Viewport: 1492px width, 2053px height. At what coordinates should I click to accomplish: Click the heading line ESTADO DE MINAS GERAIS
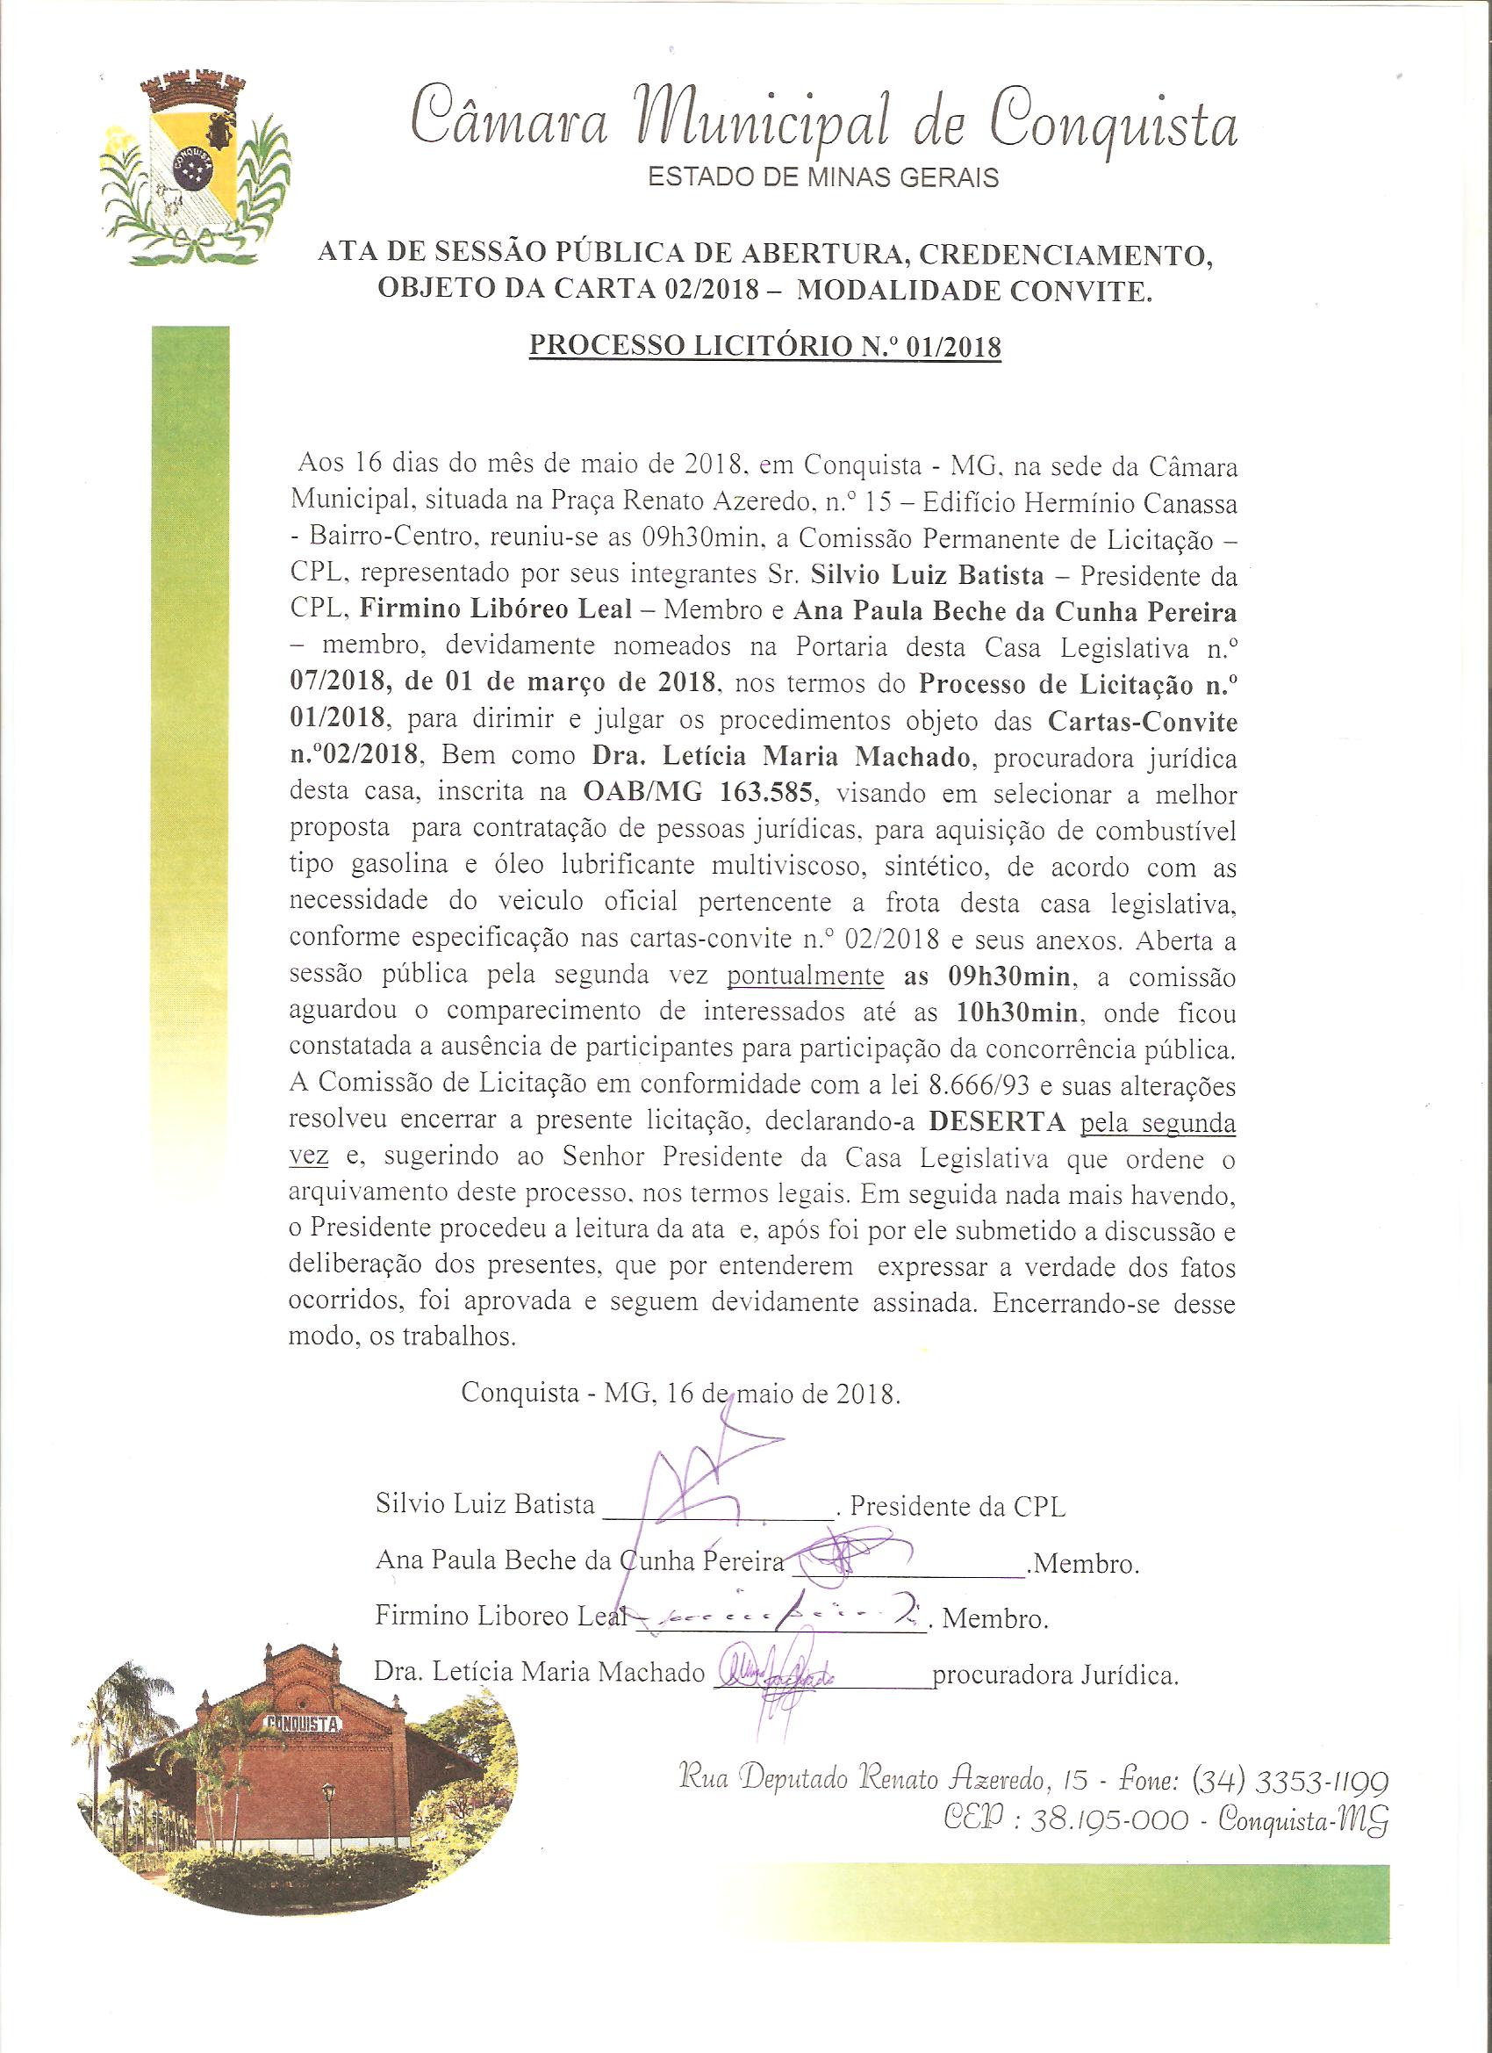(822, 177)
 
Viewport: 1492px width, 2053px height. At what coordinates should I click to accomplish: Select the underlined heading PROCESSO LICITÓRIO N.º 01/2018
(764, 347)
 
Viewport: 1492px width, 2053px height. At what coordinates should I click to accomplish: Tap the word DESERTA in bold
(997, 1120)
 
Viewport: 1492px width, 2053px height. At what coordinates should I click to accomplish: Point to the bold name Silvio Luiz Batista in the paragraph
(927, 576)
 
